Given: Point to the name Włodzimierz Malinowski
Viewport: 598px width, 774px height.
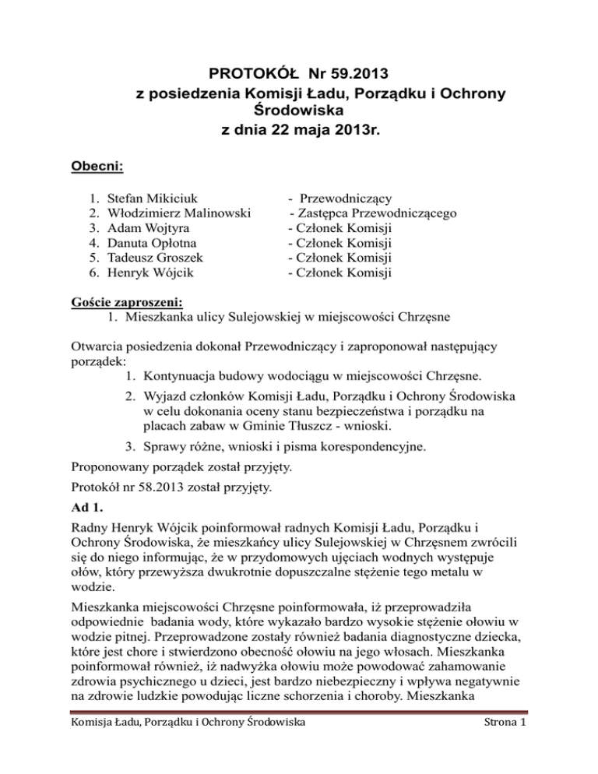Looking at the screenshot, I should click(178, 213).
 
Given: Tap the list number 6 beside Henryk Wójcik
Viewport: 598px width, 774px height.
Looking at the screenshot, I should click(93, 273).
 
